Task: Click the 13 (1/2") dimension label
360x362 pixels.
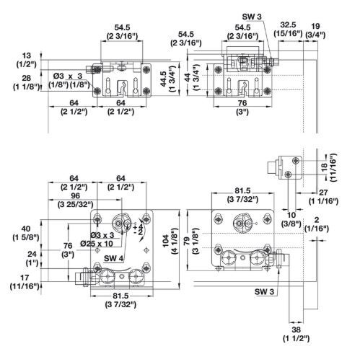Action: click(x=26, y=60)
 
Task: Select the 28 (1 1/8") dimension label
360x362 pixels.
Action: click(x=26, y=82)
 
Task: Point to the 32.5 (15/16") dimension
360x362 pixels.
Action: click(x=288, y=29)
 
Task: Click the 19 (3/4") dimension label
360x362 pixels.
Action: click(x=315, y=30)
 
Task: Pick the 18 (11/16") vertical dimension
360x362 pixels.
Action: click(x=329, y=167)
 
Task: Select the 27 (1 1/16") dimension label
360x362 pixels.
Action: click(x=323, y=197)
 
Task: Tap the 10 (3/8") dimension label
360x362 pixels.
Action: click(x=291, y=219)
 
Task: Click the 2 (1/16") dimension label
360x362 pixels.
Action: click(x=317, y=224)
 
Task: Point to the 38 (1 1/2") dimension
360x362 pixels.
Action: click(x=296, y=334)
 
